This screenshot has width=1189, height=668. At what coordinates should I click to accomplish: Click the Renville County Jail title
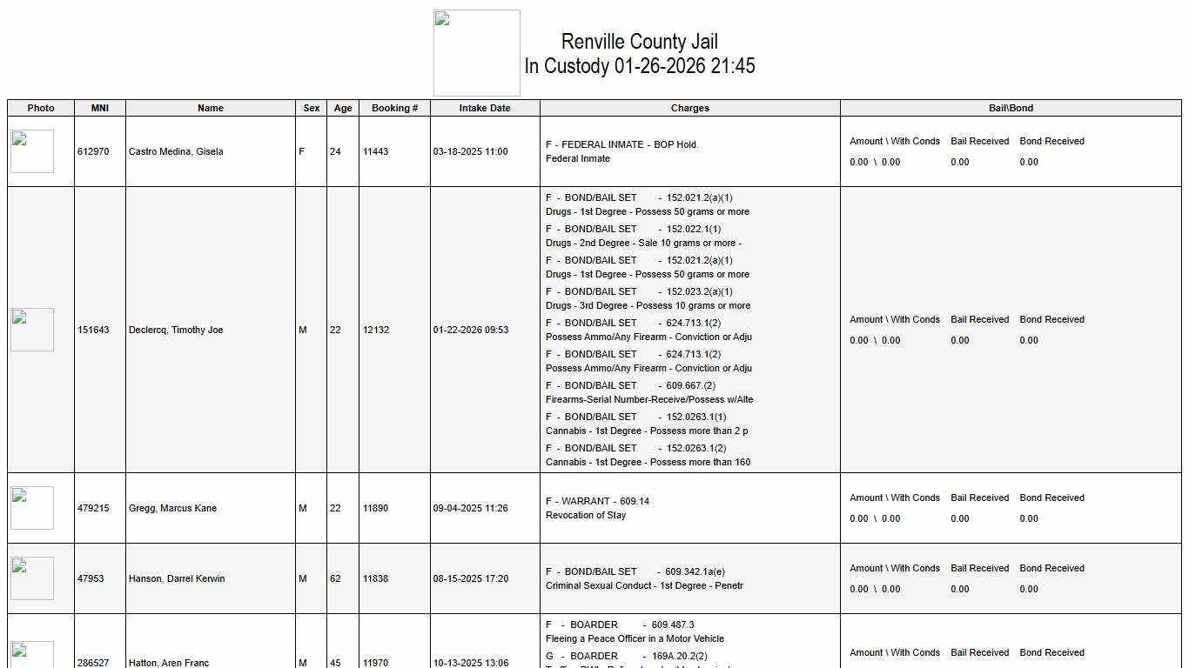point(640,42)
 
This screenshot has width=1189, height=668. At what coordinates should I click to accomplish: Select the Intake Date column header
point(485,108)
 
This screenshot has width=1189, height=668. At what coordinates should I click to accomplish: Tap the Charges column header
point(689,108)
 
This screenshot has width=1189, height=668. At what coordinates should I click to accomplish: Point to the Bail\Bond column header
point(1011,108)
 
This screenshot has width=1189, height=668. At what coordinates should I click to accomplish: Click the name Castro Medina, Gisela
point(176,151)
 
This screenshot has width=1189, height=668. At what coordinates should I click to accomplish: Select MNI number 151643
point(93,330)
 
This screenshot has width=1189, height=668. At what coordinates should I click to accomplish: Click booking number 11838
point(375,578)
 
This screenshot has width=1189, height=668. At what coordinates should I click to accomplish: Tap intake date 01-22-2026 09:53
point(471,330)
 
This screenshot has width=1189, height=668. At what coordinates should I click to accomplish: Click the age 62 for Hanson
point(335,578)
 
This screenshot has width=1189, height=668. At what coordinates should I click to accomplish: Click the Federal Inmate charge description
point(578,158)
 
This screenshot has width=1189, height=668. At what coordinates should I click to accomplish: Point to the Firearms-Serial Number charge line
point(649,399)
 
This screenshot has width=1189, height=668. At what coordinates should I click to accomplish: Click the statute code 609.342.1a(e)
point(695,571)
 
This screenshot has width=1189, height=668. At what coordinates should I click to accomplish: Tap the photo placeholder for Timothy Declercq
point(32,330)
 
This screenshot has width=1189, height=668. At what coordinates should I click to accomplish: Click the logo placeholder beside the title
point(477,53)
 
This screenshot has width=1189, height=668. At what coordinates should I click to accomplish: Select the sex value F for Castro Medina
point(302,151)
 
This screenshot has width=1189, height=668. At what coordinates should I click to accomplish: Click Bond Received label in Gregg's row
point(1051,498)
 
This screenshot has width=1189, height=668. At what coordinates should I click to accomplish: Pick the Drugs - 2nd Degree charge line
point(643,243)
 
